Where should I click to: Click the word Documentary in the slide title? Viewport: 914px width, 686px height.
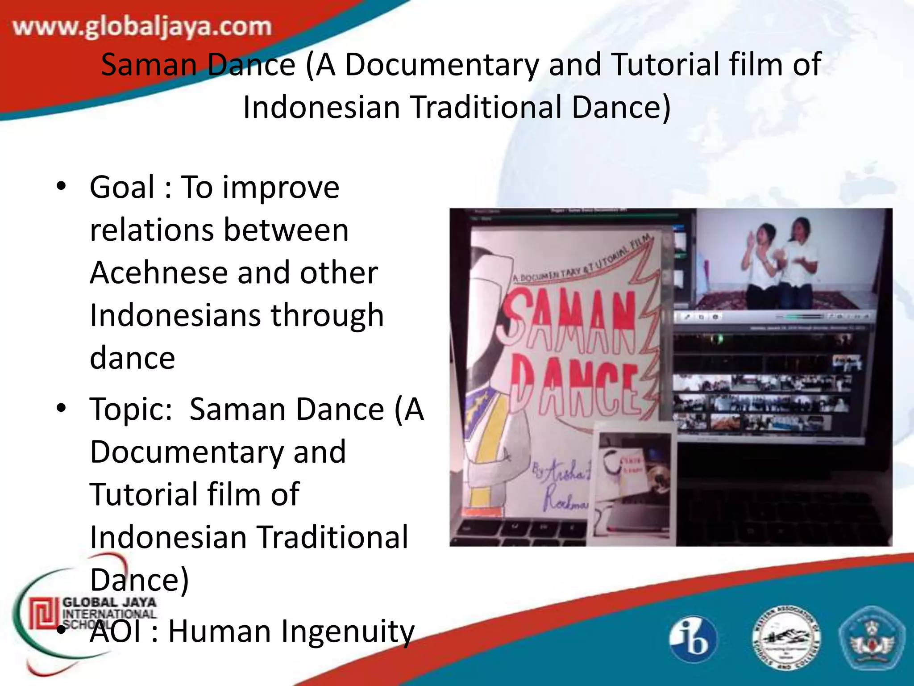point(442,65)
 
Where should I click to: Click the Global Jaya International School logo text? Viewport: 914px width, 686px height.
point(109,608)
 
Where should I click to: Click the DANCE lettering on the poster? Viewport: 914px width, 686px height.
point(576,384)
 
